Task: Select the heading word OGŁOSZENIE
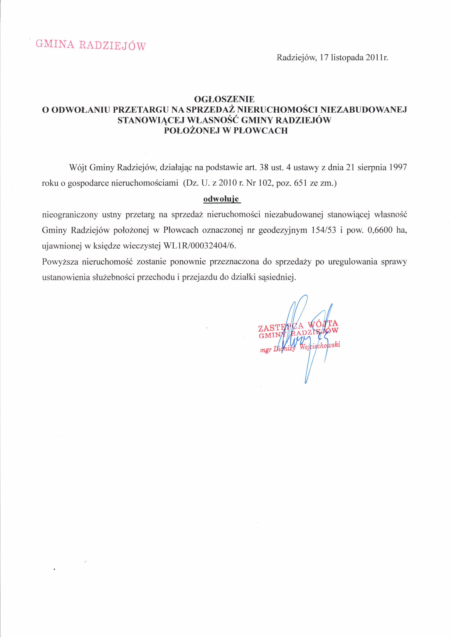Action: click(224, 99)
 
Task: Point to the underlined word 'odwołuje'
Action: click(221, 199)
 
